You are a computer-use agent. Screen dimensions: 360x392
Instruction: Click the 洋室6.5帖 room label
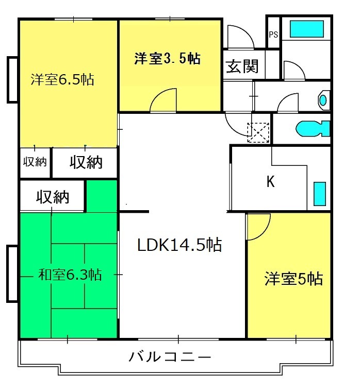click(62, 79)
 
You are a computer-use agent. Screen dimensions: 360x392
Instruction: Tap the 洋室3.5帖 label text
click(167, 59)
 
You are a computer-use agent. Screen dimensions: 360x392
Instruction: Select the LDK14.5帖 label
click(179, 245)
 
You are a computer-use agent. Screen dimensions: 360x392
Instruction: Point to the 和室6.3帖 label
click(70, 275)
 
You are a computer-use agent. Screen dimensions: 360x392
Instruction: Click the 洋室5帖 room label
click(293, 279)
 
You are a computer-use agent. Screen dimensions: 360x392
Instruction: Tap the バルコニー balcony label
click(170, 356)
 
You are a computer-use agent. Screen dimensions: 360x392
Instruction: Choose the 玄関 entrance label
click(242, 66)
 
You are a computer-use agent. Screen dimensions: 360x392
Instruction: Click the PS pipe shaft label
click(273, 35)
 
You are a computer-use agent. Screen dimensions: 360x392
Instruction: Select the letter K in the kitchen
click(270, 181)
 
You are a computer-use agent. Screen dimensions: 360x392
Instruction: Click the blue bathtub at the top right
click(307, 29)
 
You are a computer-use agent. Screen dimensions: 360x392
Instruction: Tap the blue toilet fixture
click(313, 128)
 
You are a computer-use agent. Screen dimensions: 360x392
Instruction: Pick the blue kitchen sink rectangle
click(320, 194)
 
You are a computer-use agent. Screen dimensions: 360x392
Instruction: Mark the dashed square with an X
click(258, 132)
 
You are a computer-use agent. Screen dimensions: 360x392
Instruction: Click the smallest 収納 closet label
click(35, 162)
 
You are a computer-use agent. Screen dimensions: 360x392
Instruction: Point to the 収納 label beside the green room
click(53, 197)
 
